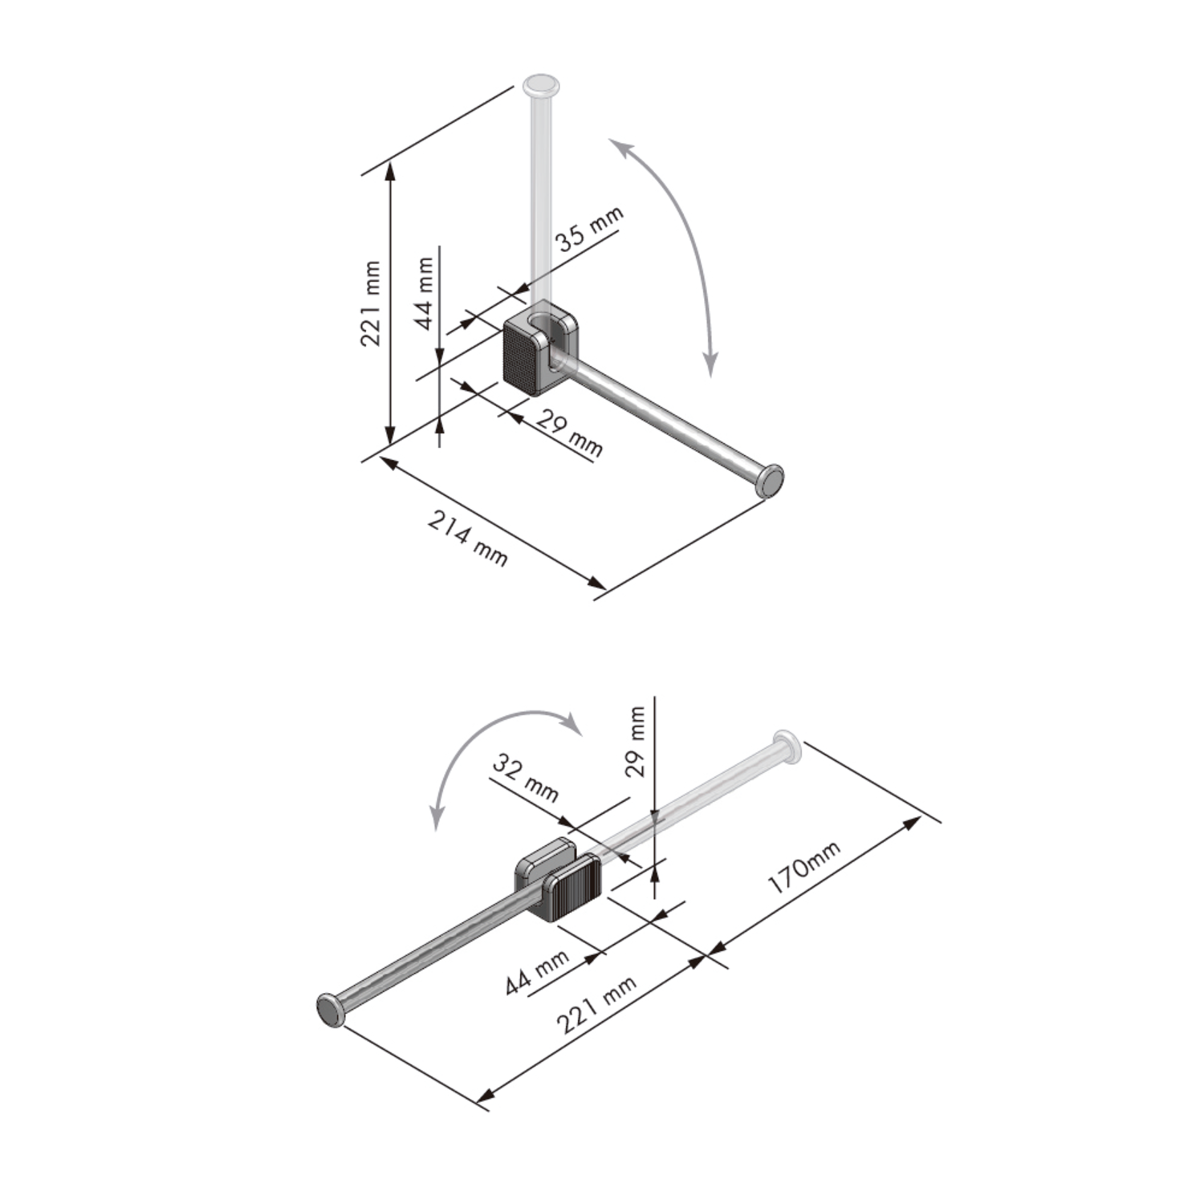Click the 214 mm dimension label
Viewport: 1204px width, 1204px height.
tap(467, 539)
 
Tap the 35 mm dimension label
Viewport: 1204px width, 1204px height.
tap(590, 230)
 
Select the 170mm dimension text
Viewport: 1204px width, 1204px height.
tap(804, 868)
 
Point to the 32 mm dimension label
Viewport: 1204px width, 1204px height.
tap(525, 778)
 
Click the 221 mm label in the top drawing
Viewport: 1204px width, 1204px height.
tap(370, 303)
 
